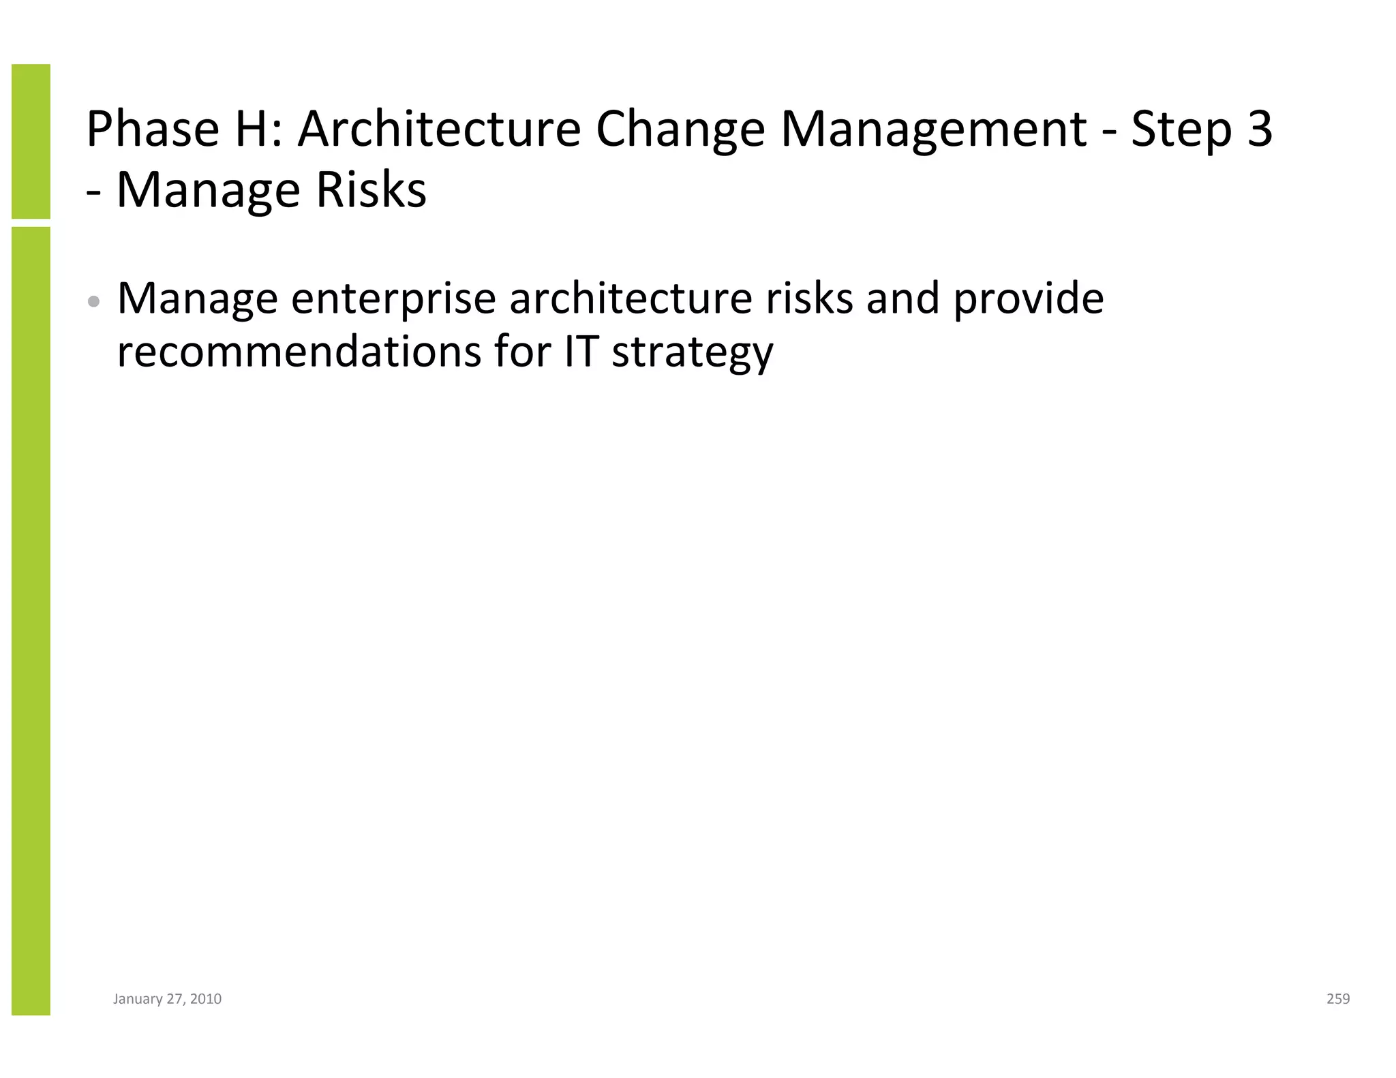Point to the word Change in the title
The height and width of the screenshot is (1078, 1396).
pyautogui.click(x=681, y=131)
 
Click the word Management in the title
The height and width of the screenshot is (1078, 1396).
pyautogui.click(x=933, y=131)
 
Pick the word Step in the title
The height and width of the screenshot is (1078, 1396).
pyautogui.click(x=1182, y=131)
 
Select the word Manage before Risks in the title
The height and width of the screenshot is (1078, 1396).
pyautogui.click(x=209, y=191)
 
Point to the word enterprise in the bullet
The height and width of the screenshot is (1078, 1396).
pyautogui.click(x=393, y=300)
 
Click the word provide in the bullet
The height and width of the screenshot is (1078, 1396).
pyautogui.click(x=1028, y=300)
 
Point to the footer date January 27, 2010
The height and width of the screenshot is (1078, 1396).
pyautogui.click(x=167, y=999)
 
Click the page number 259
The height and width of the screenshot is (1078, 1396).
pyautogui.click(x=1338, y=999)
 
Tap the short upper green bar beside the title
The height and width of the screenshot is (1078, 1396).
pyautogui.click(x=31, y=141)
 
